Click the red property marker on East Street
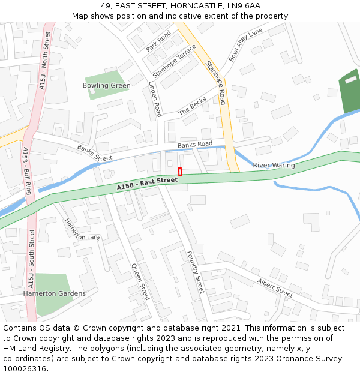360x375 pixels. (x=180, y=172)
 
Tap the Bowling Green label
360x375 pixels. (x=106, y=86)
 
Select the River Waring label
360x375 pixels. (x=274, y=165)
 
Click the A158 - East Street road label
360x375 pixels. (x=147, y=184)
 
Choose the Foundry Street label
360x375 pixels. (x=196, y=272)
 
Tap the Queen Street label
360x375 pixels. (x=140, y=282)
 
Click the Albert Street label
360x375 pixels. (x=275, y=287)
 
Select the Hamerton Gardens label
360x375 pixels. (x=54, y=293)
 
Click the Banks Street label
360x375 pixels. (x=94, y=153)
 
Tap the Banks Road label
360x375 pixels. (x=195, y=144)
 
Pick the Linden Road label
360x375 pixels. (x=155, y=99)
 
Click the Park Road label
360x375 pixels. (x=158, y=41)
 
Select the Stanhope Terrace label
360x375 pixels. (x=175, y=61)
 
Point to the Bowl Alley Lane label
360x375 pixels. (x=245, y=44)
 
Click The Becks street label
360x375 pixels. (x=193, y=106)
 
